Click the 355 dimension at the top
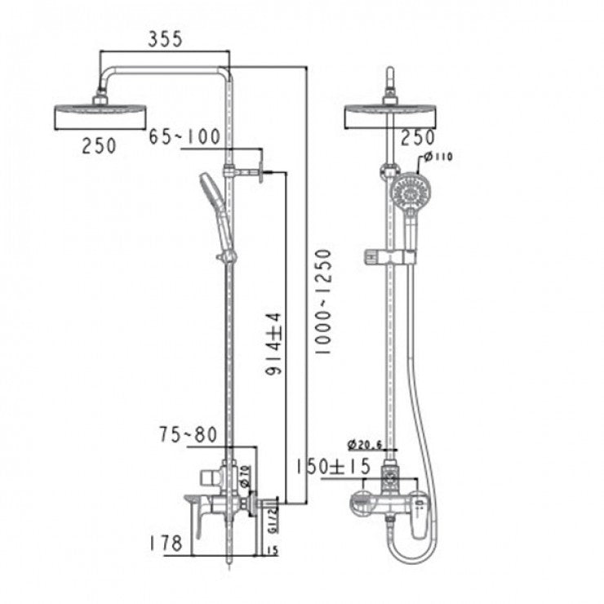coord(165,38)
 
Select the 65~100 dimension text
coord(184,136)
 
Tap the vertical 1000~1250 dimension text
coord(323,301)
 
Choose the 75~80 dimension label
coord(188,435)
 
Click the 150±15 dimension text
coord(333,466)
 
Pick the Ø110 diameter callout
coord(437,157)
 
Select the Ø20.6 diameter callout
coord(365,445)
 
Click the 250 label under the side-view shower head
coord(99,145)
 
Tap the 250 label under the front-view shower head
coord(418,136)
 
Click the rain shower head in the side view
coord(100,117)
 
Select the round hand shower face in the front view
coord(410,193)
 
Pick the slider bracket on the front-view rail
coord(389,257)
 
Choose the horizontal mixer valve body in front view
coord(384,503)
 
